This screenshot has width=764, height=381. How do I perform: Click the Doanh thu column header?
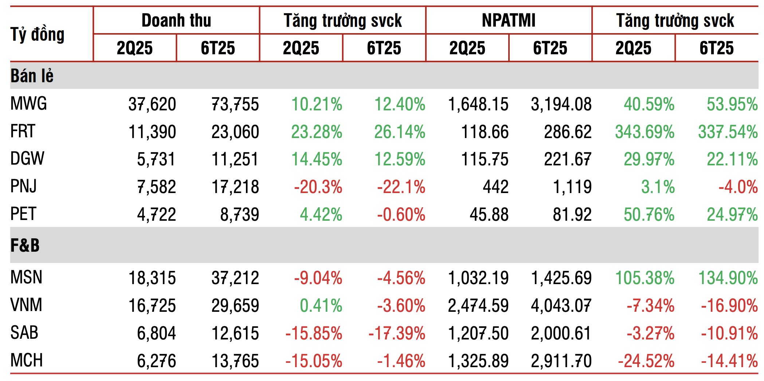176,20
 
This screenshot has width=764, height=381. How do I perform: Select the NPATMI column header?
509,20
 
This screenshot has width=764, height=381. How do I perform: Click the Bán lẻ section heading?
32,76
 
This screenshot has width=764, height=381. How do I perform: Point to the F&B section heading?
25,245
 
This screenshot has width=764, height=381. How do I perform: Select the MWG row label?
29,104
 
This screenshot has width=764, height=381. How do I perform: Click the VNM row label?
26,305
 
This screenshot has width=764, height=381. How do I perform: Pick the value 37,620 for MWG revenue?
152,105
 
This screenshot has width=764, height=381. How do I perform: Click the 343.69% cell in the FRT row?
644,132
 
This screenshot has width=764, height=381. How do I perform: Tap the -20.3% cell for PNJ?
318,187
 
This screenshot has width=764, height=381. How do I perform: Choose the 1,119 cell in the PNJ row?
572,187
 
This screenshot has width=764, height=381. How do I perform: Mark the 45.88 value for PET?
489,215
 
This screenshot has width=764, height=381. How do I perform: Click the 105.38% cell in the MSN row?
644,278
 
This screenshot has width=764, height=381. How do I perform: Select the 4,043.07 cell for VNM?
561,306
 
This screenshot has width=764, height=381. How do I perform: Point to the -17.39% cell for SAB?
397,333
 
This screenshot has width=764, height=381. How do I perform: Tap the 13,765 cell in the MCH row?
235,361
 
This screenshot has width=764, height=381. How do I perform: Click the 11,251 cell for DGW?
235,160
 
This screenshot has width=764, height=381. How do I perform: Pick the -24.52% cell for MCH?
646,361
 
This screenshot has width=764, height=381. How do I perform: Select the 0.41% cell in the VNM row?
321,306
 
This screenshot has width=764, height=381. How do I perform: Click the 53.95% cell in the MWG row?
732,105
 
